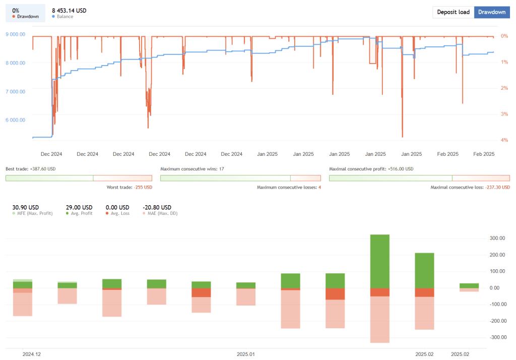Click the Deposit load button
click(x=453, y=12)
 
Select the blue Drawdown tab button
click(x=491, y=12)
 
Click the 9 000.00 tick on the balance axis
click(x=15, y=34)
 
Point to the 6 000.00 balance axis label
click(x=15, y=120)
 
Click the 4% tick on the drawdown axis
click(x=504, y=140)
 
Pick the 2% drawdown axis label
click(x=504, y=88)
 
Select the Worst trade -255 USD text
click(x=129, y=187)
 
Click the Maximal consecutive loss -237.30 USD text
click(x=470, y=187)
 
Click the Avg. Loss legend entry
click(x=117, y=213)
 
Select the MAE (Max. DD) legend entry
click(x=160, y=213)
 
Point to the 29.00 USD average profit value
click(x=79, y=207)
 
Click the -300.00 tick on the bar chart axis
click(x=497, y=337)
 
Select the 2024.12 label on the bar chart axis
click(x=31, y=354)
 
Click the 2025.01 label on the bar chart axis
click(x=245, y=354)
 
